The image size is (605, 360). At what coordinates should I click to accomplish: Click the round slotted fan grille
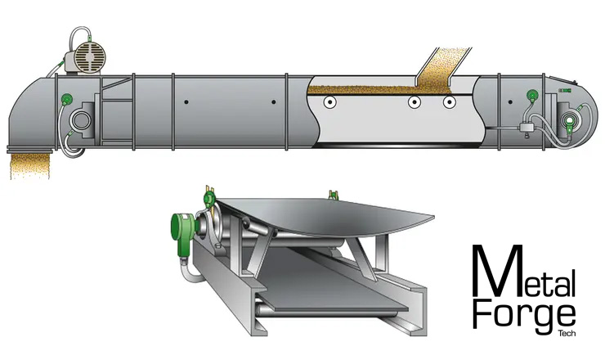89,57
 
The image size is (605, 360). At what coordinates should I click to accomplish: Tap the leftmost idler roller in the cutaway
330,102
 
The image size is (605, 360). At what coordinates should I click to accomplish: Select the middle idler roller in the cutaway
414,102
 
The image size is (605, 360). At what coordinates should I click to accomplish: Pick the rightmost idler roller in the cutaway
449,102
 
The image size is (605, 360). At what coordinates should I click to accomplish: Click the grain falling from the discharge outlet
30,165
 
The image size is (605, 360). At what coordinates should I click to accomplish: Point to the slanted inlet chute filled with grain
443,65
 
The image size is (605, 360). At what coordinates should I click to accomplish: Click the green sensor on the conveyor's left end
67,99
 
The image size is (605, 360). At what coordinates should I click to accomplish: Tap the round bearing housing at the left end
81,120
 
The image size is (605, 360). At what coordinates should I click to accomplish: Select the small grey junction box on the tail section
526,128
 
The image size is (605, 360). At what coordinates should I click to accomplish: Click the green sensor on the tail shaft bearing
569,121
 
